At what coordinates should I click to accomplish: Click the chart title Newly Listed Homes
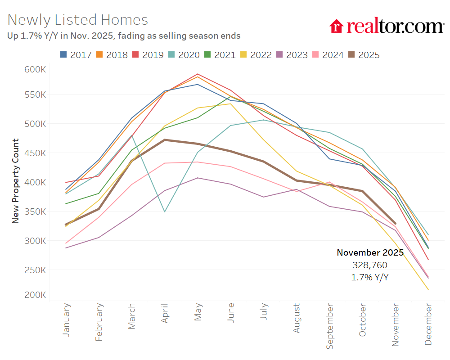pyautogui.click(x=78, y=20)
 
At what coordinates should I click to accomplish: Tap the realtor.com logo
pyautogui.click(x=387, y=26)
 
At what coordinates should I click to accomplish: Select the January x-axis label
pyautogui.click(x=66, y=319)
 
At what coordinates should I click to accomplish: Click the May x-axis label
pyautogui.click(x=198, y=311)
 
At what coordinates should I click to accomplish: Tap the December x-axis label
pyautogui.click(x=428, y=324)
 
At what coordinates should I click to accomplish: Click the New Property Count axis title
pyautogui.click(x=15, y=181)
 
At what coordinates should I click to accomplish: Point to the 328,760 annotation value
pyautogui.click(x=370, y=265)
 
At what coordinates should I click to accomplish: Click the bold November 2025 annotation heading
pyautogui.click(x=370, y=253)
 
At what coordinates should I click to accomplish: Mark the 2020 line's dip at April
pyautogui.click(x=165, y=211)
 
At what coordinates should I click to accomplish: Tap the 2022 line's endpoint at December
pyautogui.click(x=428, y=289)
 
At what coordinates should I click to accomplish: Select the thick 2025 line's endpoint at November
pyautogui.click(x=395, y=223)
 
